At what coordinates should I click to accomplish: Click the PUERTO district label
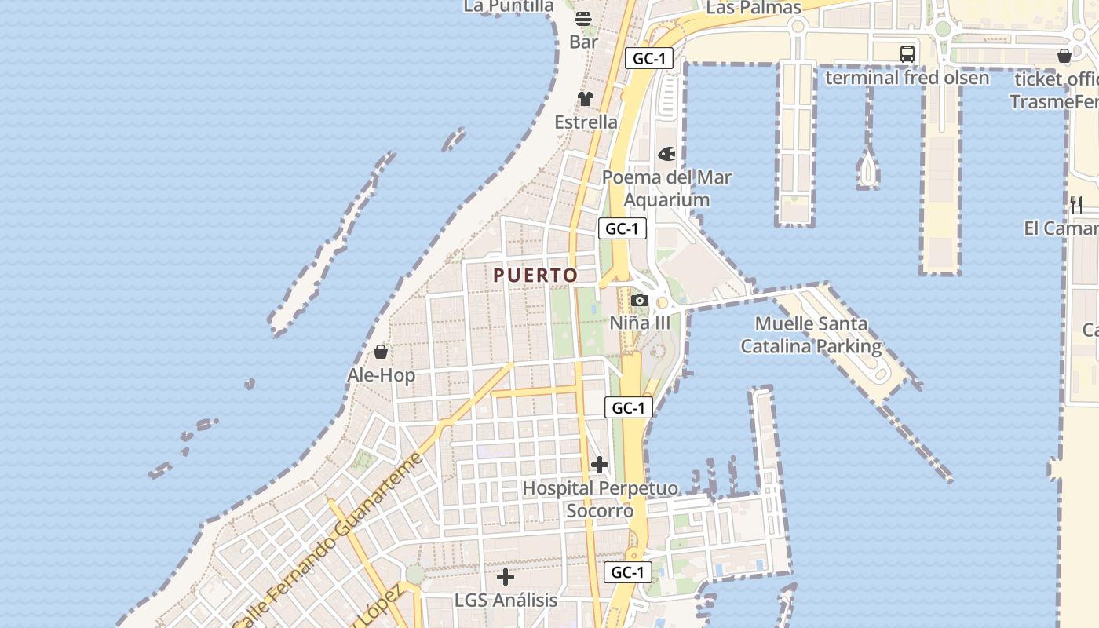(x=535, y=276)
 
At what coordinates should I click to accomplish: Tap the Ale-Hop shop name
(x=381, y=375)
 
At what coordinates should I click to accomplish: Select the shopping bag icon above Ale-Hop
(x=381, y=351)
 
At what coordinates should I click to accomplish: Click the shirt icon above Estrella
(x=586, y=98)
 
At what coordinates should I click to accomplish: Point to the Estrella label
(x=586, y=122)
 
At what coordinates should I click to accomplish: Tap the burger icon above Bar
(x=583, y=18)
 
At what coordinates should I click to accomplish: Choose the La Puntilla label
(x=509, y=6)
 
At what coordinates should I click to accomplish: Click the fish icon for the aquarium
(x=666, y=154)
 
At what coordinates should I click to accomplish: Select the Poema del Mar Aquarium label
(x=666, y=188)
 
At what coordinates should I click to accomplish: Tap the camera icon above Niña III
(x=640, y=300)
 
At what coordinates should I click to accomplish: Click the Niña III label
(x=641, y=323)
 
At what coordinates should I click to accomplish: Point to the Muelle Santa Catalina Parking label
(x=811, y=334)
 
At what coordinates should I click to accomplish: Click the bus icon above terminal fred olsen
(x=907, y=53)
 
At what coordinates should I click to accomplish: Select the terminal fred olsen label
(x=907, y=78)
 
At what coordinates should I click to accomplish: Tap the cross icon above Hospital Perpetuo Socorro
(x=600, y=465)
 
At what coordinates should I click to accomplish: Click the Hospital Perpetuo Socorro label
(x=600, y=499)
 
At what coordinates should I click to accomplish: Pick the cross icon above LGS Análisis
(x=506, y=577)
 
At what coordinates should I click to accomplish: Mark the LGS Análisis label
(x=506, y=601)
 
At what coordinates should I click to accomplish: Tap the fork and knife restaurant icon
(x=1076, y=205)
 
